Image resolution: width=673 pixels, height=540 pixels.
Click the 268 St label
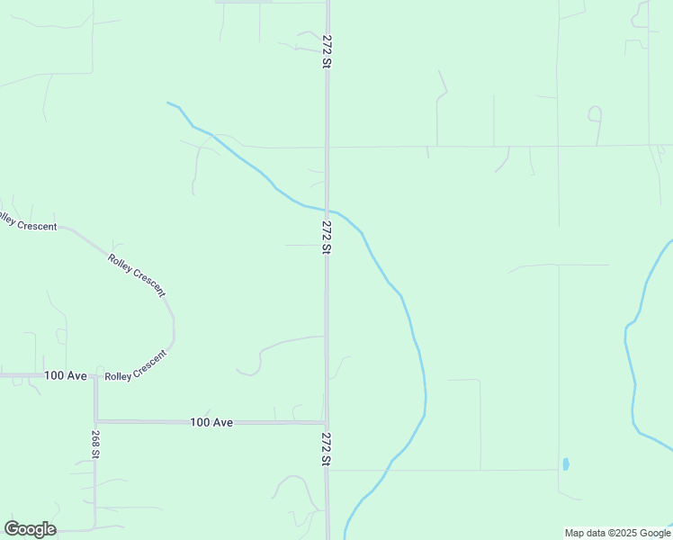[94, 442]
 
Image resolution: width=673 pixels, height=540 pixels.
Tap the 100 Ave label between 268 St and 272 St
[211, 422]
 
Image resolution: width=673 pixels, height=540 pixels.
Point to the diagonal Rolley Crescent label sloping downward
[137, 275]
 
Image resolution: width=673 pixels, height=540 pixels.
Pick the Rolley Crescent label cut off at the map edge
[28, 221]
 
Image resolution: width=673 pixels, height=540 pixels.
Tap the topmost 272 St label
[328, 52]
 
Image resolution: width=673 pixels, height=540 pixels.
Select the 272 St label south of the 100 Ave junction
[328, 448]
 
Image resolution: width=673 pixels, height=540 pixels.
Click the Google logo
[30, 529]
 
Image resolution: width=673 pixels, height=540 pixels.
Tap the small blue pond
[565, 464]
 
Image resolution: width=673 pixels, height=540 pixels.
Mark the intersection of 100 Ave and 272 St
[327, 422]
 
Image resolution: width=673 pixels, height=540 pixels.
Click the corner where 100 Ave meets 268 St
[95, 420]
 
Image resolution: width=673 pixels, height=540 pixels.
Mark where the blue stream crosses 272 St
[328, 210]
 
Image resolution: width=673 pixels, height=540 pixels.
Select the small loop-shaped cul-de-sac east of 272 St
[594, 113]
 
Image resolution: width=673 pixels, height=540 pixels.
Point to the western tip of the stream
[168, 103]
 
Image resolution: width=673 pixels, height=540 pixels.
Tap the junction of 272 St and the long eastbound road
[328, 147]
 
